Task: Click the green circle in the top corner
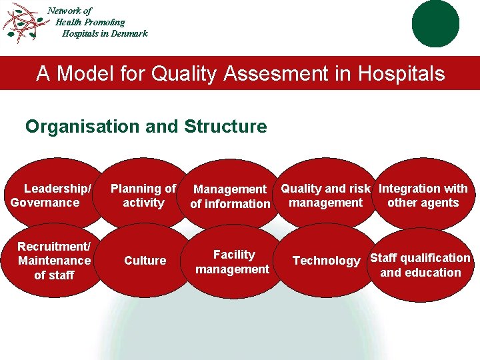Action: (x=435, y=23)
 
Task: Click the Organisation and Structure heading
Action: (x=146, y=126)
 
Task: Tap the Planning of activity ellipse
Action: (x=143, y=195)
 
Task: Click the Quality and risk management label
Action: (x=325, y=195)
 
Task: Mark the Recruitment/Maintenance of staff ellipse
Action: (x=53, y=261)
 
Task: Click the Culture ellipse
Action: (x=145, y=261)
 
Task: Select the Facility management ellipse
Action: (x=233, y=262)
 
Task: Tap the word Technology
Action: (x=326, y=261)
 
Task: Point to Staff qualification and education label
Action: (x=420, y=265)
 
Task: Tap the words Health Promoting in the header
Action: (x=90, y=22)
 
